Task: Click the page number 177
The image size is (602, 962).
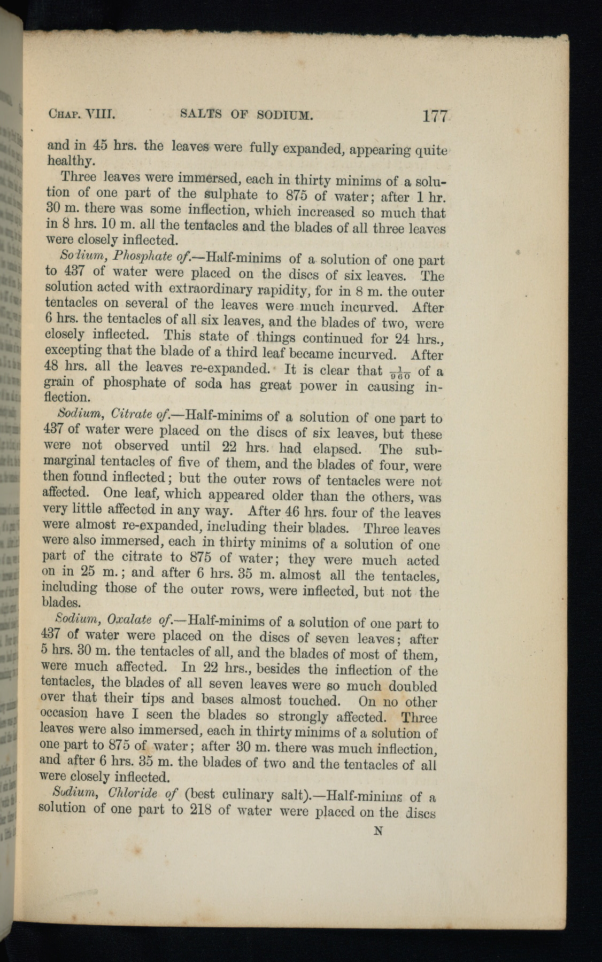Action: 434,116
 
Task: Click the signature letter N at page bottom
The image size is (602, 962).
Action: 379,831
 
